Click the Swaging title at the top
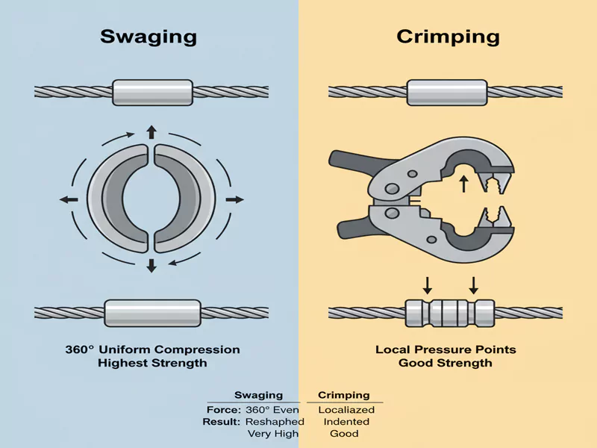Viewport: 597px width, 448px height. (x=149, y=37)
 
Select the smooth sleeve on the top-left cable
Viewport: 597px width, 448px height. (x=151, y=92)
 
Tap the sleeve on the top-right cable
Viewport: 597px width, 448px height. (x=446, y=92)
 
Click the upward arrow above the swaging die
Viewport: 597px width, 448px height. (x=151, y=133)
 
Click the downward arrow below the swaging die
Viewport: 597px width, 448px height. (x=151, y=265)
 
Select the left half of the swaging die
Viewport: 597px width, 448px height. (x=119, y=199)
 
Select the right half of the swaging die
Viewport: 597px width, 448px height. (x=184, y=199)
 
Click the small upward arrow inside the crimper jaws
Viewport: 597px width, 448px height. (x=463, y=182)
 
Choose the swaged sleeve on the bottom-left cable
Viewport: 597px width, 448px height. (x=152, y=311)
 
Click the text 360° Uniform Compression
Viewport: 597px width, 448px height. (x=152, y=349)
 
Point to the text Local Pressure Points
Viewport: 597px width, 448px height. (x=446, y=349)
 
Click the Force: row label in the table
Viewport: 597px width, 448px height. (x=222, y=409)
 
